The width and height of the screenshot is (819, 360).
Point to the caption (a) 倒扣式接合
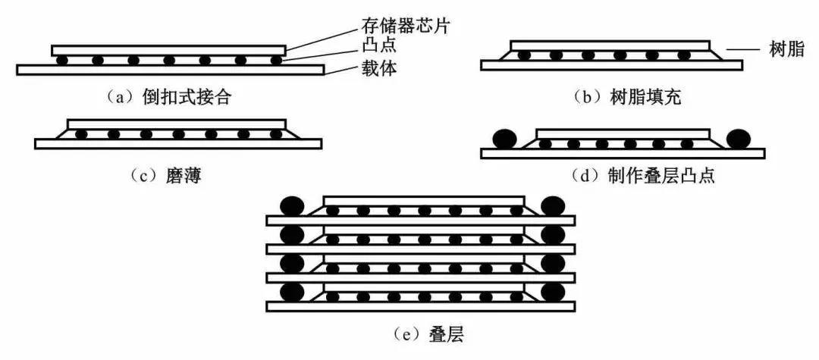[168, 96]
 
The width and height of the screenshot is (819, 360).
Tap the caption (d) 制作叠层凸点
[643, 177]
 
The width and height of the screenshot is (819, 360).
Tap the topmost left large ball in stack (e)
[292, 206]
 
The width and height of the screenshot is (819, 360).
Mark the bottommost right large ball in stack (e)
[554, 292]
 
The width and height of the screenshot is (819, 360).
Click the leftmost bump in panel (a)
[63, 60]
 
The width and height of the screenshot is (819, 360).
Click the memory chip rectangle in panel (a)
[168, 50]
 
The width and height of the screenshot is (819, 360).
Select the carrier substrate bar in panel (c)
[178, 143]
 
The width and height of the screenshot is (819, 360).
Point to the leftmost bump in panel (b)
[524, 55]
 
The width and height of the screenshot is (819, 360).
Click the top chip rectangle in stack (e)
[423, 200]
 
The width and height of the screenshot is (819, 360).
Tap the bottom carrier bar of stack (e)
[420, 306]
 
